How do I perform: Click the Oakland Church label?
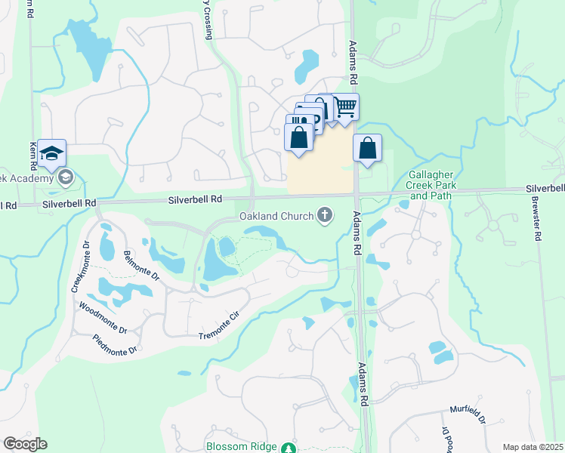276,217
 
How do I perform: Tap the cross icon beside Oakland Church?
326,217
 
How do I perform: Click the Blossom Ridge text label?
241,446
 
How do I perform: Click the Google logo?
25,444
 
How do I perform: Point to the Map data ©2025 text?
533,447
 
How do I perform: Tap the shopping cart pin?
345,106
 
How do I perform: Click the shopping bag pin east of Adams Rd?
367,149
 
